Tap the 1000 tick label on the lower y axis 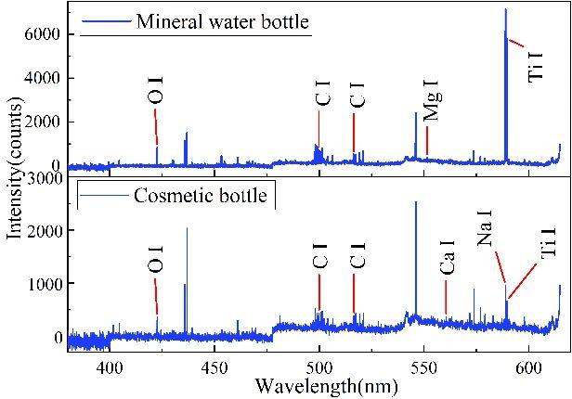coord(44,284)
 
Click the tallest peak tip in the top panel coord(506,10)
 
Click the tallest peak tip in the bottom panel coord(416,202)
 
